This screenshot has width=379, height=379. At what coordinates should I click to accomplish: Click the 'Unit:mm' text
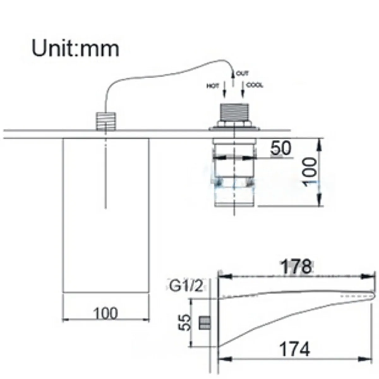pos(75,48)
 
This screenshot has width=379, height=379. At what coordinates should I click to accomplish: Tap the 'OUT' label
pos(242,74)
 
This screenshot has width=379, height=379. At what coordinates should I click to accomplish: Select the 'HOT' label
pos(213,86)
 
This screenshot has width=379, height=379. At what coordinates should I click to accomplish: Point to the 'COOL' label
pos(255,85)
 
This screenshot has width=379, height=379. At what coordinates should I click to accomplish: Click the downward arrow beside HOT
pos(225,90)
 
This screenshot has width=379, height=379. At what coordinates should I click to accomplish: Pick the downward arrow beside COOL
pos(243,90)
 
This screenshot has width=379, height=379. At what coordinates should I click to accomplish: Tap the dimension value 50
pos(281,148)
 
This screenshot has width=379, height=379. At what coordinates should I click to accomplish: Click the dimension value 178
pos(297,267)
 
